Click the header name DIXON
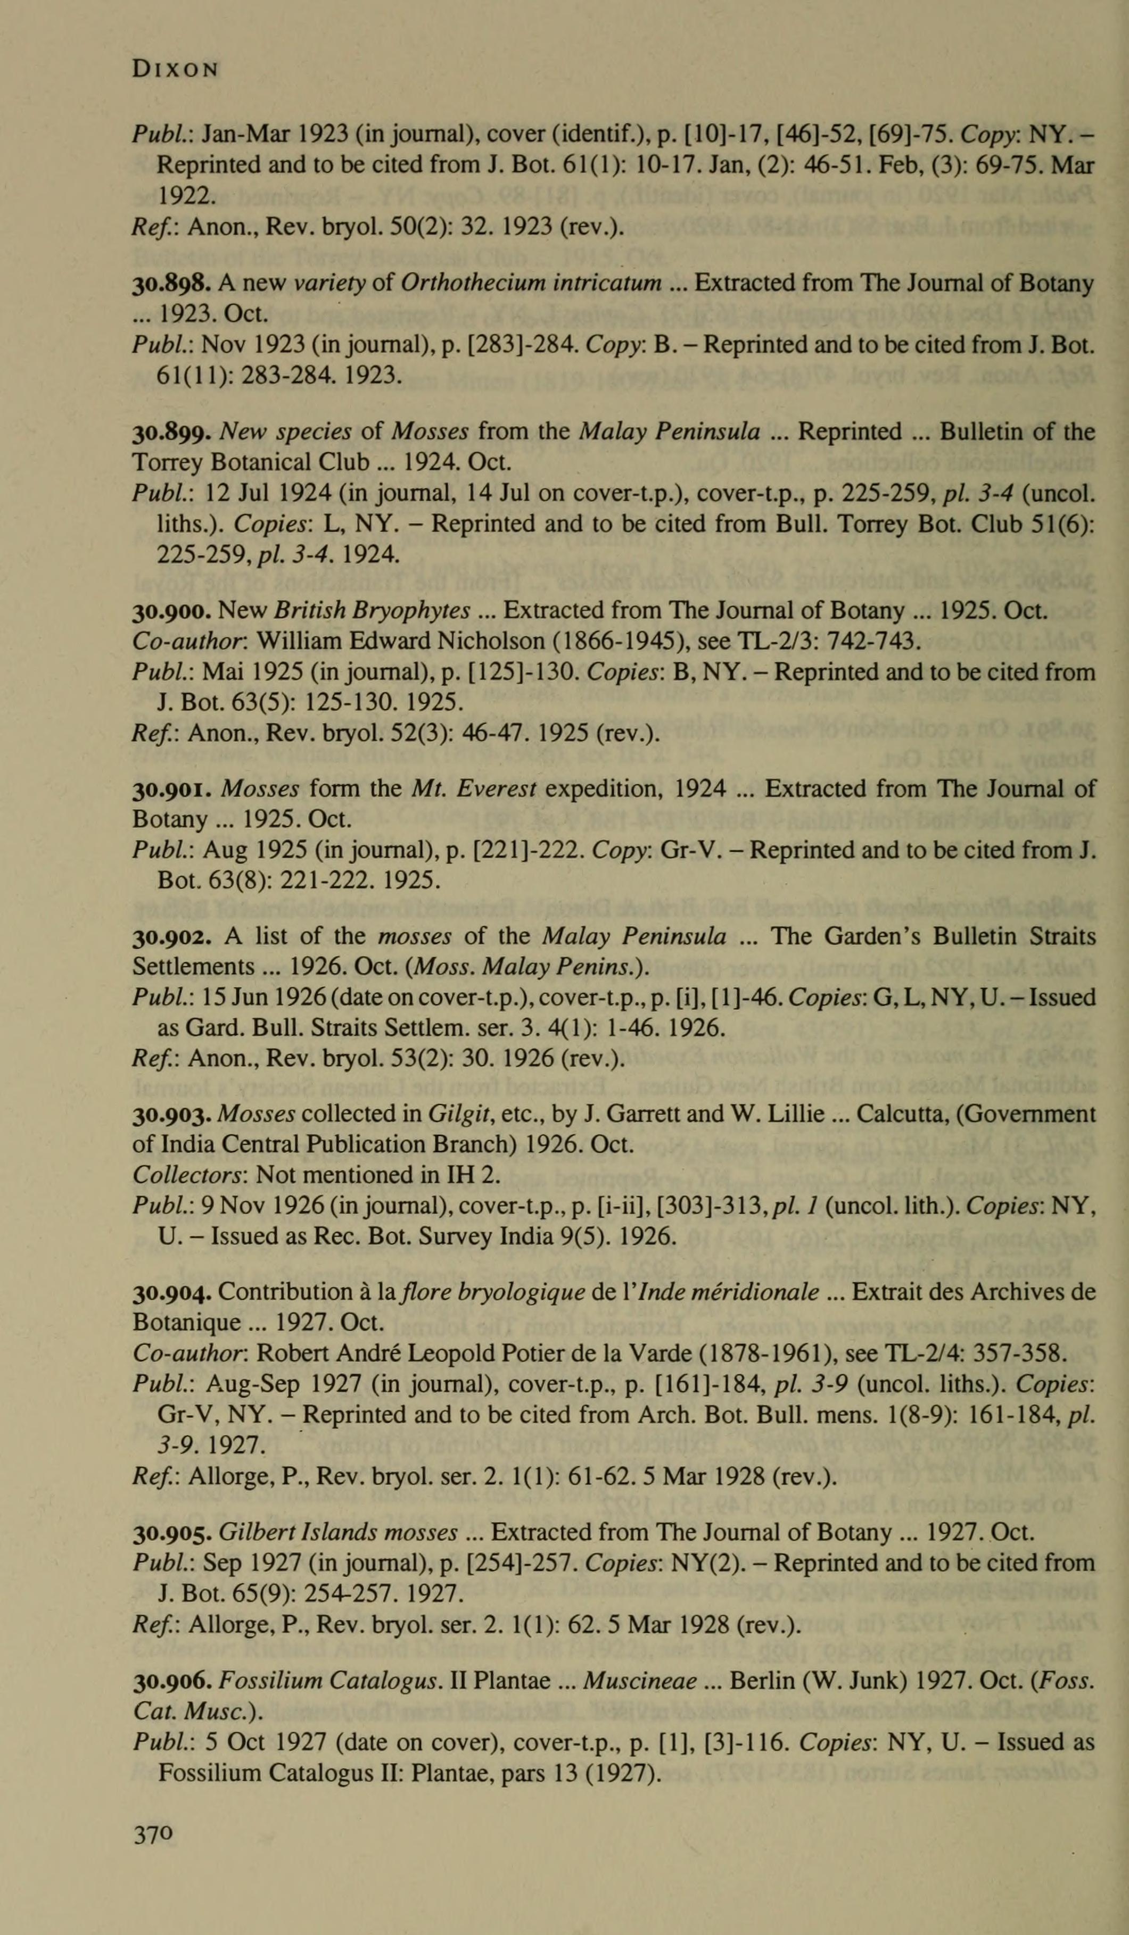click(175, 69)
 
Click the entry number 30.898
click(170, 284)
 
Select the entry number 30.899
click(170, 433)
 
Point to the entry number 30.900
click(170, 611)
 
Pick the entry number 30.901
click(170, 790)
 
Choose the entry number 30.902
click(170, 937)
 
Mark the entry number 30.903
click(170, 1114)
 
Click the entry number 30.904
click(170, 1293)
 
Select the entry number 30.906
click(170, 1682)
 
